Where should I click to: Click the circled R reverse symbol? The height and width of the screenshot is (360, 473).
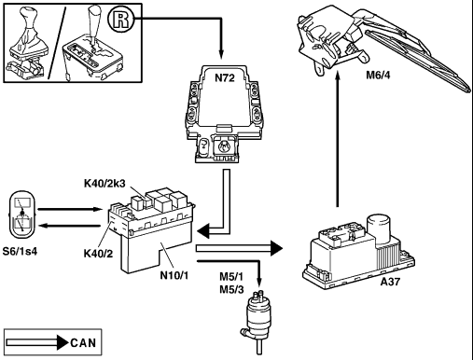pos(120,20)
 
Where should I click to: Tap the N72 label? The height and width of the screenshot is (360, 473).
pos(225,77)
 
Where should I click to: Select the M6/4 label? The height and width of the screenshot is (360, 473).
pos(378,75)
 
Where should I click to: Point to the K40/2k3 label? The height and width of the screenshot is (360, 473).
pos(104,184)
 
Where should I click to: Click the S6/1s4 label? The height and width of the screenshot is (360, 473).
pos(20,251)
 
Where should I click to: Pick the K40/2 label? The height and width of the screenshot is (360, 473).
pos(98,254)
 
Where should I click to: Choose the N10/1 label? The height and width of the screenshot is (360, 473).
pos(174,275)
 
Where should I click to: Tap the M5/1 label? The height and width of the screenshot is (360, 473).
pos(231,276)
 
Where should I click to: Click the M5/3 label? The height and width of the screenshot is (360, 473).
pos(231,289)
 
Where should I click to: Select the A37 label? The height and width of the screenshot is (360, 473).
pos(390,282)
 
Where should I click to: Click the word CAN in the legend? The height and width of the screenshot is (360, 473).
pos(83,343)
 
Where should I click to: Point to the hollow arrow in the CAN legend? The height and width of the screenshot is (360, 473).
pos(37,342)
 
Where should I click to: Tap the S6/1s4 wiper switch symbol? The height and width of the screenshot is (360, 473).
pos(22,215)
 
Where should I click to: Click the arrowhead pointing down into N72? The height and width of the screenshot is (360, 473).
pos(221,54)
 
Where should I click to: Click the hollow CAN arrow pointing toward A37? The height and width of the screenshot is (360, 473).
pos(239,248)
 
